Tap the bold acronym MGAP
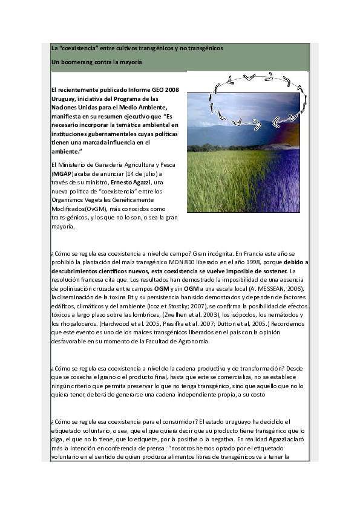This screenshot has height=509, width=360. (x=62, y=173)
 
